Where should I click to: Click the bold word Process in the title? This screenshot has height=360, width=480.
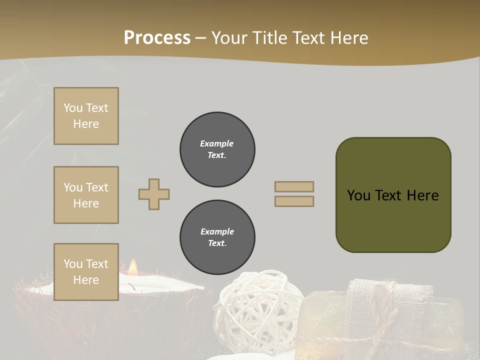(157, 38)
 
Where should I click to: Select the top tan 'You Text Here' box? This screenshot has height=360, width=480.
(86, 116)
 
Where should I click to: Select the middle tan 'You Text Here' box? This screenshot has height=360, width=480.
(86, 195)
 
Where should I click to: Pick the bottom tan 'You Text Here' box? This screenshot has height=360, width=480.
(86, 272)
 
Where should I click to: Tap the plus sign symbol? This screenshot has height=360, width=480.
(154, 194)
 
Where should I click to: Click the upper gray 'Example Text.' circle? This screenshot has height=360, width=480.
(217, 149)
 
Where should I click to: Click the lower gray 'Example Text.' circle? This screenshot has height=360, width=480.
(217, 237)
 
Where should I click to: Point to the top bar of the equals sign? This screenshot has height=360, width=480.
(294, 186)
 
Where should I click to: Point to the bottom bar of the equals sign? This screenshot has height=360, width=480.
(294, 201)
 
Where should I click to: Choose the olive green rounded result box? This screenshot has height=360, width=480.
(393, 195)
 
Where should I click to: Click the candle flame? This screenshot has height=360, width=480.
(132, 267)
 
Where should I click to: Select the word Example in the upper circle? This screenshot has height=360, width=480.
(216, 143)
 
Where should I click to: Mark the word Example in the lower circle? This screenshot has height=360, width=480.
(217, 231)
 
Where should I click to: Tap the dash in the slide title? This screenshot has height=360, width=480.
(201, 38)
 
